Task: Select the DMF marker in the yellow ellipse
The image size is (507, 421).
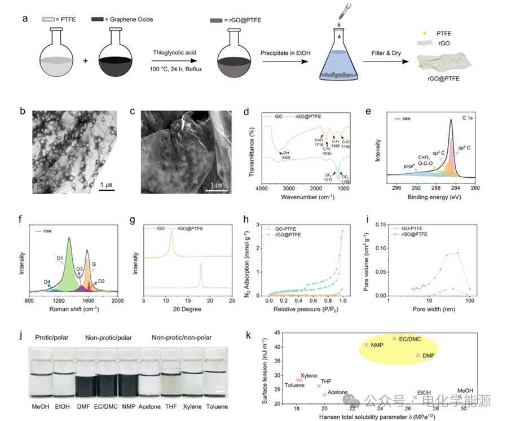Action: tap(418, 355)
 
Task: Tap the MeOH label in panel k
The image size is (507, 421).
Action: tap(465, 391)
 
